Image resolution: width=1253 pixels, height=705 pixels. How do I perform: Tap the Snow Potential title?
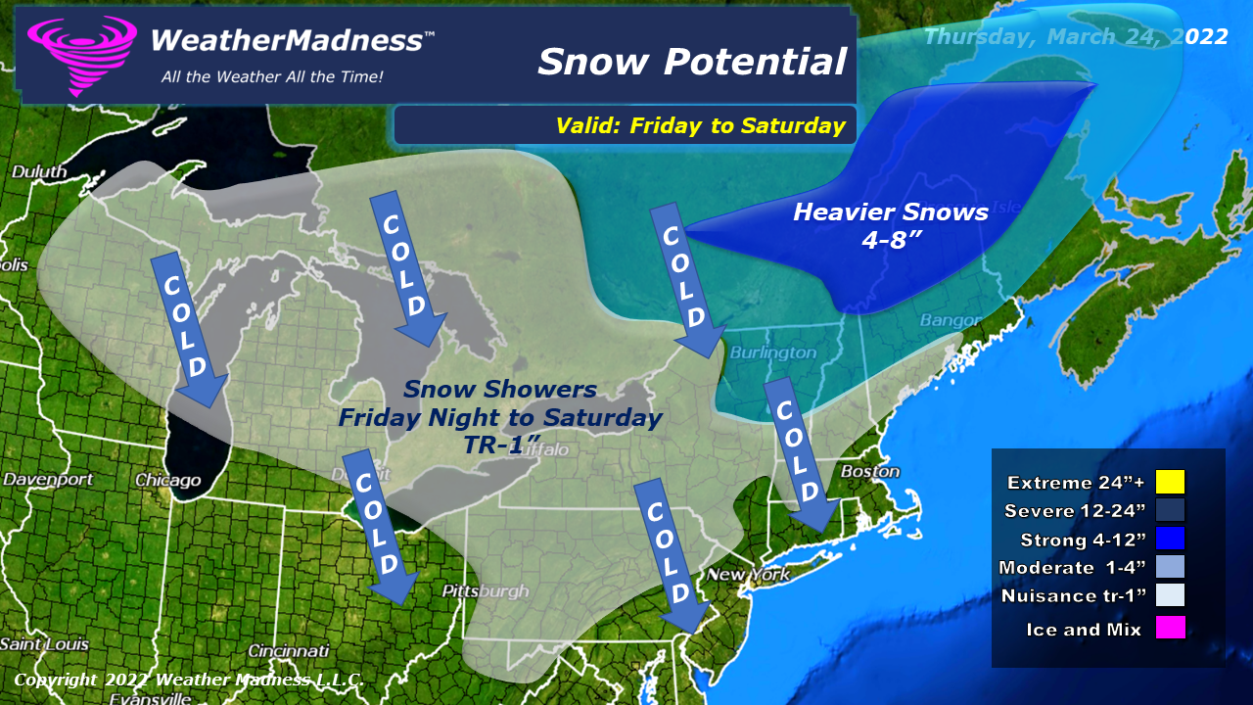691,62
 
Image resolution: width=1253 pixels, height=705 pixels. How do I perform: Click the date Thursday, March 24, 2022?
1076,36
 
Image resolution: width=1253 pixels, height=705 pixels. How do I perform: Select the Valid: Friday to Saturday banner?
700,125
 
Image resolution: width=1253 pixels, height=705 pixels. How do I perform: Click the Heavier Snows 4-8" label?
890,224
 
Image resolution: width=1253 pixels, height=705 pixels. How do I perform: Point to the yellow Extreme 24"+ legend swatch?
1170,482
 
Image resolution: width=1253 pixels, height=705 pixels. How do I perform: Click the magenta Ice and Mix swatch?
1170,628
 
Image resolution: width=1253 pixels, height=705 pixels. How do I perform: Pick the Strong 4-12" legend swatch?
1170,539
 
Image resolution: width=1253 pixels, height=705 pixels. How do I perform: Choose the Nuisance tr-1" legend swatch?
1170,595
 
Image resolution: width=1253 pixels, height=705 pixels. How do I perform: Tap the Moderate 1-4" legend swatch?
1170,567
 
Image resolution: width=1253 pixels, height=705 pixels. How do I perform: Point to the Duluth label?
39,172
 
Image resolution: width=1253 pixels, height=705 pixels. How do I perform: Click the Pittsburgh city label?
485,591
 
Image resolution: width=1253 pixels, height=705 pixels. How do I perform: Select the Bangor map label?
950,321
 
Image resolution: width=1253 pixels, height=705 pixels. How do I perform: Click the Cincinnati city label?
288,651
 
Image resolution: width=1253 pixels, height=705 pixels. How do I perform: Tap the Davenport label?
48,480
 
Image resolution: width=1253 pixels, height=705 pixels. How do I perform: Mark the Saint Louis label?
44,644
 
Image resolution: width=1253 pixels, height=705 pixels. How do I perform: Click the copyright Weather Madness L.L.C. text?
189,680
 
